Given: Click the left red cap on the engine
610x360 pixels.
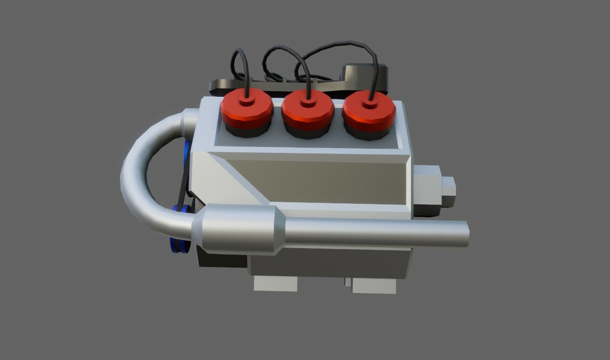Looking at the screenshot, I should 246,112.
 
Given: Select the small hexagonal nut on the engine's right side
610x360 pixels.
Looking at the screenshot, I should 448,192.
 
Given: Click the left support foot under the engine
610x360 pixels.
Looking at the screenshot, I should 276,283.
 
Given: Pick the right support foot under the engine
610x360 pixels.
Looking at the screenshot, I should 374,286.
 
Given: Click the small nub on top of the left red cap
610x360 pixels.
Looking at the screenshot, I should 246,100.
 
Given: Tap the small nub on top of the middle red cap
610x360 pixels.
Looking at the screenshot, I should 308,102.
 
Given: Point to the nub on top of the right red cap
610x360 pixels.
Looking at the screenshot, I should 370,102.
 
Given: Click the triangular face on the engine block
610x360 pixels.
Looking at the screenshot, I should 216,178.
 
